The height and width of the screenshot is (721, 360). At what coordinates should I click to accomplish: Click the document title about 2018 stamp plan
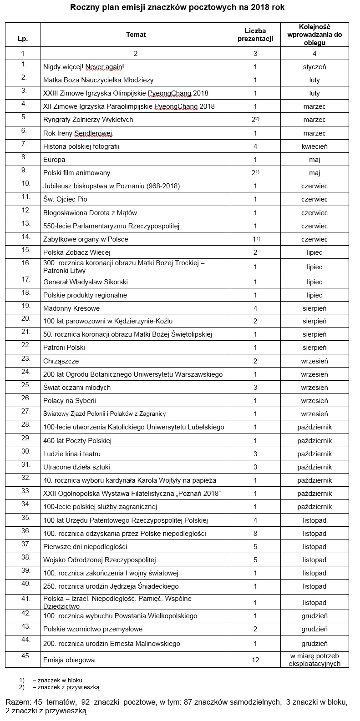[x=179, y=8]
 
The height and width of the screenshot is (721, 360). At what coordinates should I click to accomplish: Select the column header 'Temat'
[x=136, y=35]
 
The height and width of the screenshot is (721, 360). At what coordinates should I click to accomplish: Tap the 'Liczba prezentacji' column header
[x=255, y=35]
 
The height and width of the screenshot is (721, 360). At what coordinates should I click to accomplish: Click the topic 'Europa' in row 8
[x=54, y=160]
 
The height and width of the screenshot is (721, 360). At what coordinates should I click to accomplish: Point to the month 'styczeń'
[x=314, y=67]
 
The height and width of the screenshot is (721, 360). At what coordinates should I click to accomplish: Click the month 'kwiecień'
[x=314, y=146]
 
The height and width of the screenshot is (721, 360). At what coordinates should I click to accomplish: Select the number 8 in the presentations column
[x=255, y=534]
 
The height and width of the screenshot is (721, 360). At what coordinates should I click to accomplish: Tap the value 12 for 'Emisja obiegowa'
[x=255, y=660]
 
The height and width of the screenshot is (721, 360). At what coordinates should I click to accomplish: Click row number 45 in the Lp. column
[x=25, y=656]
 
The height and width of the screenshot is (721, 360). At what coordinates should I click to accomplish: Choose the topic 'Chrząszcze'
[x=61, y=361]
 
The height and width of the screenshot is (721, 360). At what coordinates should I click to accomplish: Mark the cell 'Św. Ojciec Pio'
[x=65, y=199]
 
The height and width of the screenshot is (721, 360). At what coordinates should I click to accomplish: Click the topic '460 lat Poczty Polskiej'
[x=77, y=441]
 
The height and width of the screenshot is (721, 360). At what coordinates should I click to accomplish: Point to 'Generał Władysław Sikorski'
[x=85, y=282]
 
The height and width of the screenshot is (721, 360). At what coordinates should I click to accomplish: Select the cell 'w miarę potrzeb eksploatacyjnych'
[x=314, y=660]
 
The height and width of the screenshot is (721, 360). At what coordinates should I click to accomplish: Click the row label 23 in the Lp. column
[x=25, y=358]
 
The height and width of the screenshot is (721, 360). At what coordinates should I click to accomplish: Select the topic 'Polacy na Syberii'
[x=70, y=401]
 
